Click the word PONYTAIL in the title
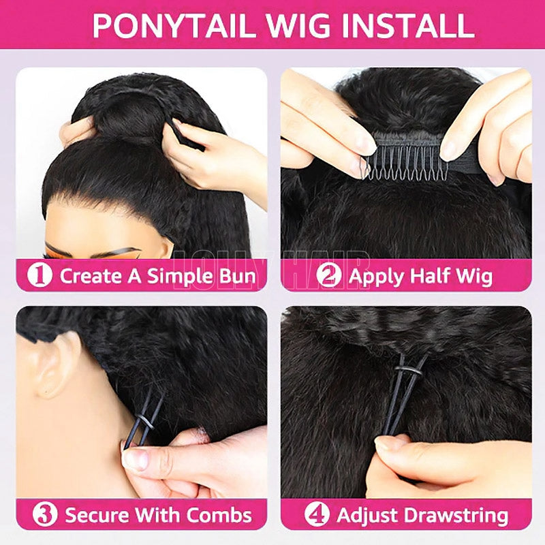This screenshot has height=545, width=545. [172, 25]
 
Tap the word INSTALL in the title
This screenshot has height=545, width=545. [408, 25]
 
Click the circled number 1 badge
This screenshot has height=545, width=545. [40, 275]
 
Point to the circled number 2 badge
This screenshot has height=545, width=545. [328, 275]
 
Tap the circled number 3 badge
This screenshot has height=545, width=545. [45, 514]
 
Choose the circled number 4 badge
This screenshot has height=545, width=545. [317, 514]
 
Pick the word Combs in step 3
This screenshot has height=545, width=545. [219, 515]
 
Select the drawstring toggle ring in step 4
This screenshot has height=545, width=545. [408, 370]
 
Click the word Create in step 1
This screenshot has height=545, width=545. [90, 276]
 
